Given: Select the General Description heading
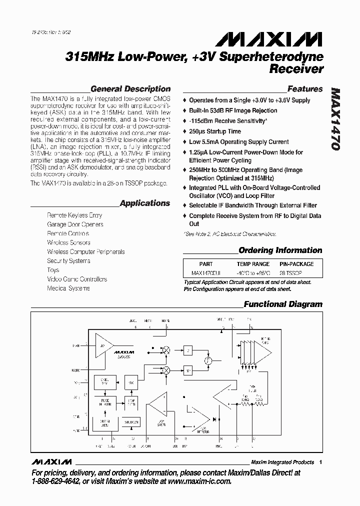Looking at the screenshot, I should click(x=130, y=89).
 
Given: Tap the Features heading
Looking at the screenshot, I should click(x=305, y=89).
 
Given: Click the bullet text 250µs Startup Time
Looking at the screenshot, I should click(x=214, y=131).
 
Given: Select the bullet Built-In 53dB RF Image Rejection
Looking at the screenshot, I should click(x=232, y=110).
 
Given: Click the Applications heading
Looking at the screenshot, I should click(x=145, y=203).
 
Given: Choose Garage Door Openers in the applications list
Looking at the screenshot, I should click(x=75, y=224).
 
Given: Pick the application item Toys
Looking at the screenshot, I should click(x=53, y=270).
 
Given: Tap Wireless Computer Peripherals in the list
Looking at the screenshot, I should click(x=85, y=252).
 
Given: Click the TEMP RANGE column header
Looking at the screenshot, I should click(x=253, y=264).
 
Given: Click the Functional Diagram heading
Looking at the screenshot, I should click(x=282, y=304).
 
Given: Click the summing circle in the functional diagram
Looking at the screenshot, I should click(x=208, y=360).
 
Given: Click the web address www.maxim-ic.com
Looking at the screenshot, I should click(x=196, y=482).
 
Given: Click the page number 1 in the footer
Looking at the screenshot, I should click(x=320, y=462).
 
